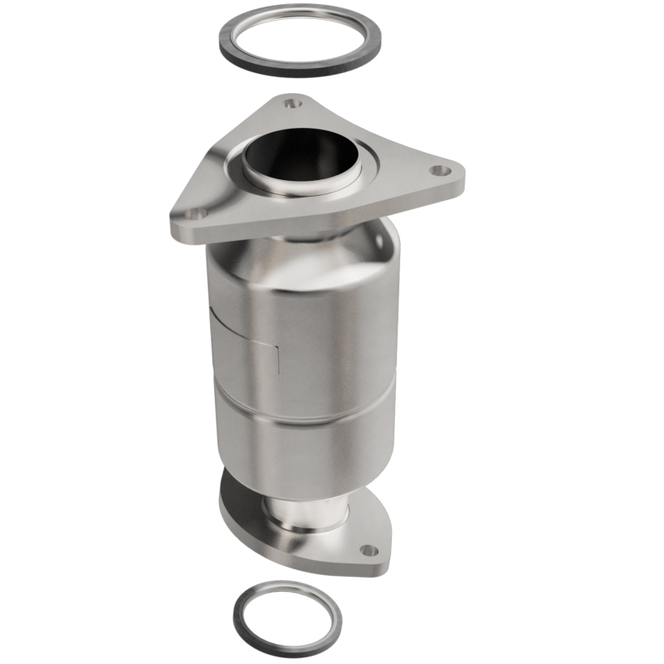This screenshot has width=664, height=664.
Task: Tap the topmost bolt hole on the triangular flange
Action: [290, 105]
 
